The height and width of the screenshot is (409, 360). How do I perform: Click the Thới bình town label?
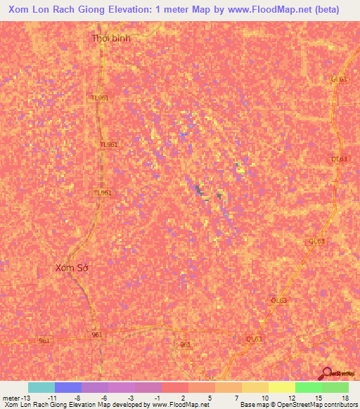(111, 39)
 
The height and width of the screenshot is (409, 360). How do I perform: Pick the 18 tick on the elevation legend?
(345, 397)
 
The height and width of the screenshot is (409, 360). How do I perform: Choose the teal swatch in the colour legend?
(41, 387)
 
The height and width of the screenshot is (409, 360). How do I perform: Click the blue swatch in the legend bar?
(68, 387)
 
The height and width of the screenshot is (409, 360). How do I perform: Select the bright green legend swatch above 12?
(309, 387)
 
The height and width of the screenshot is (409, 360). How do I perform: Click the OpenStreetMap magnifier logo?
(326, 373)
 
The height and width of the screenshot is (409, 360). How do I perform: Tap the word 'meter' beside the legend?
(11, 397)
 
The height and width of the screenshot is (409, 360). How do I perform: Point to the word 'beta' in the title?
(326, 10)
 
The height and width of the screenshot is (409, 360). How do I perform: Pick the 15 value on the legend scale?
(317, 397)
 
